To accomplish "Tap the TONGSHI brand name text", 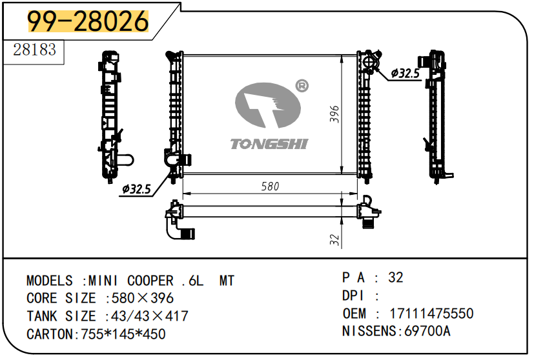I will tap(269, 143).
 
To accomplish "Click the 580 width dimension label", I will tap(270, 186).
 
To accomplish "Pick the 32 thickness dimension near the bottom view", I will tap(334, 239).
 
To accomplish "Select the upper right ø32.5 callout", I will tap(405, 74).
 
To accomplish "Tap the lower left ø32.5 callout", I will tap(136, 189).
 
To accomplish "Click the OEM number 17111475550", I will tap(431, 314).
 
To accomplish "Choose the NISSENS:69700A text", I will tap(396, 332).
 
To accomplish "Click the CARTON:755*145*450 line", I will tap(96, 334).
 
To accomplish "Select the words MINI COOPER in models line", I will tap(132, 281).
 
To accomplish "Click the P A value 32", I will tap(395, 277).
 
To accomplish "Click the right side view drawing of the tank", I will tap(437, 115).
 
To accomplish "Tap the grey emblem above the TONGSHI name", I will tap(267, 106).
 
